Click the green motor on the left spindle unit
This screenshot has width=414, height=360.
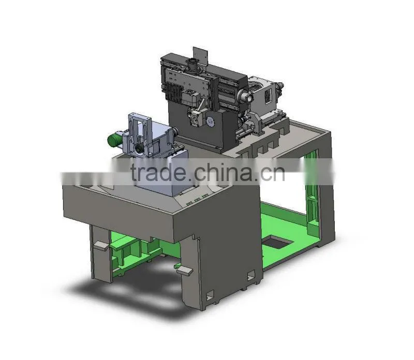click(x=115, y=139)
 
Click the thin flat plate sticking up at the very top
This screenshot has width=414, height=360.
click(x=200, y=56)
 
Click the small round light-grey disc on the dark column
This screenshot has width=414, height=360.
click(x=211, y=121)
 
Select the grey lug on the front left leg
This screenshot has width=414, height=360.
click(x=100, y=246)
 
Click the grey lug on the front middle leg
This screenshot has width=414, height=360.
click(x=185, y=271)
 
